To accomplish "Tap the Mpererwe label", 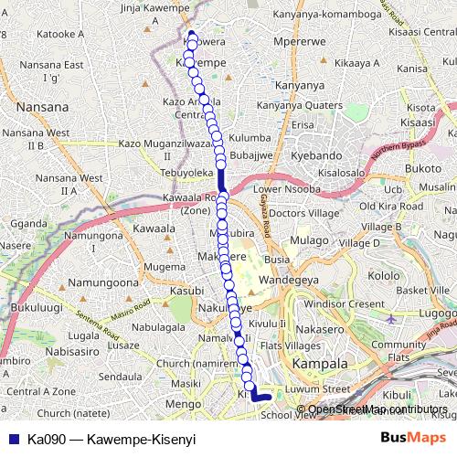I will (x=292, y=41).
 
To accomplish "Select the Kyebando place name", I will (x=315, y=156).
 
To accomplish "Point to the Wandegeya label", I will (x=286, y=279).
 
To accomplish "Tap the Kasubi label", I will (x=186, y=290).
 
